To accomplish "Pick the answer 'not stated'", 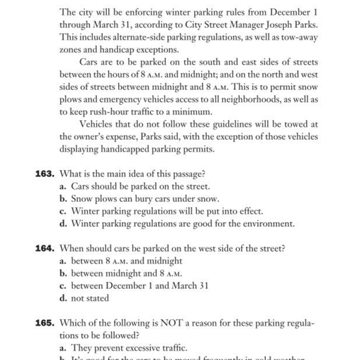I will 90,297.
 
